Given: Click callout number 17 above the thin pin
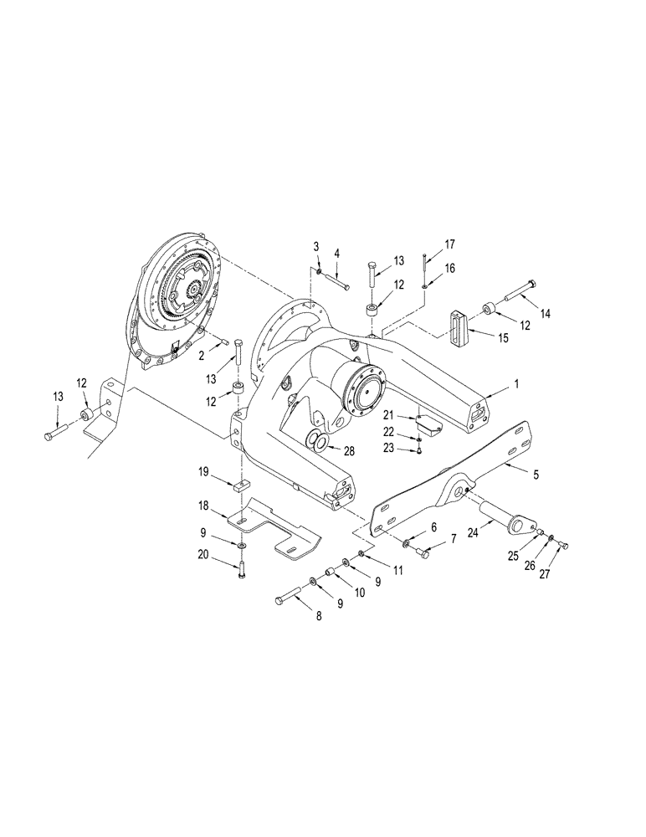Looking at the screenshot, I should coord(450,244).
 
